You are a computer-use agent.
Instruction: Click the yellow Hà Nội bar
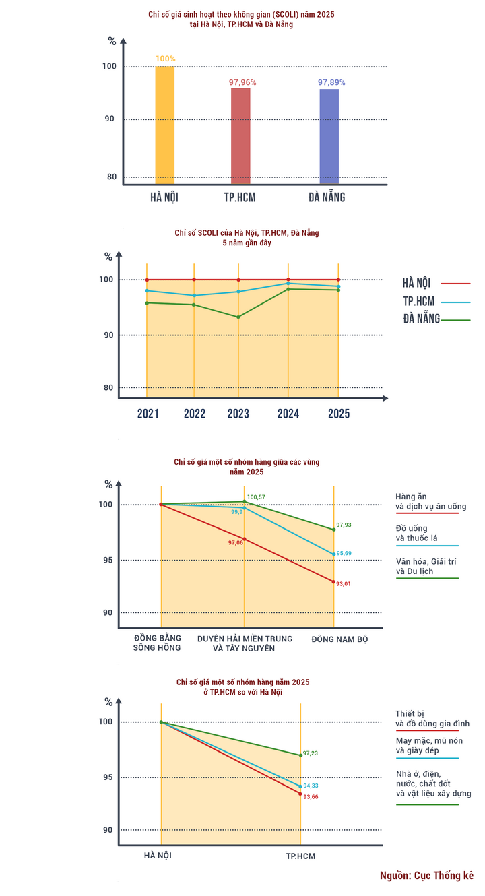(x=164, y=125)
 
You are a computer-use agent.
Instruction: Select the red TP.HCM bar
(x=240, y=135)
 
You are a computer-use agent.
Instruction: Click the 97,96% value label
(x=243, y=82)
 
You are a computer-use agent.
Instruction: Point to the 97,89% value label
(x=331, y=82)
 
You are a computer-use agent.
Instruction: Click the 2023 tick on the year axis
(x=238, y=414)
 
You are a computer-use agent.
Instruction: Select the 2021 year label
(x=148, y=414)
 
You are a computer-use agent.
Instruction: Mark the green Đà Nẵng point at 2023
(x=238, y=317)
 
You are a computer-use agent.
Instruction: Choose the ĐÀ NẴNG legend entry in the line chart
(x=422, y=319)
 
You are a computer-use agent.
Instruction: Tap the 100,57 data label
(x=257, y=498)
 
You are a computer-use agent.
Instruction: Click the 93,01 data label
(x=343, y=583)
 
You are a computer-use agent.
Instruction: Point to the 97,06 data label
(x=236, y=542)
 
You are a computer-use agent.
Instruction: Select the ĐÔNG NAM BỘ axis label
(x=339, y=638)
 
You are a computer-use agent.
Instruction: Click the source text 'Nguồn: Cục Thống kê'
(x=426, y=876)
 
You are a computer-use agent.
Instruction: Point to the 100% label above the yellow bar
(x=165, y=59)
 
